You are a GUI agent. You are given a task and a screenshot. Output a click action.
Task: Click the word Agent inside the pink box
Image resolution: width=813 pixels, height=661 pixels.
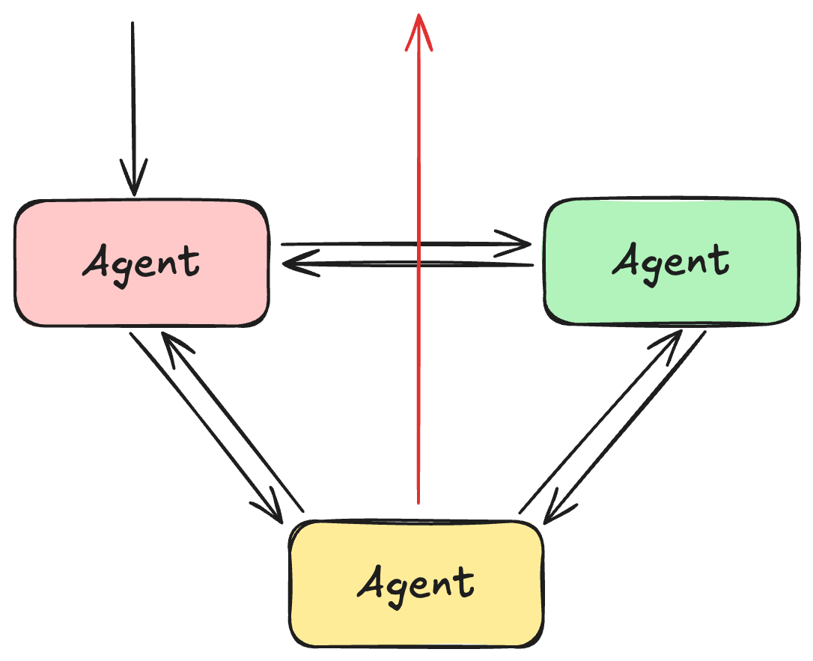click(141, 263)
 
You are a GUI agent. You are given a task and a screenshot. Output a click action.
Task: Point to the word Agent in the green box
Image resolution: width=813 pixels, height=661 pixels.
click(671, 261)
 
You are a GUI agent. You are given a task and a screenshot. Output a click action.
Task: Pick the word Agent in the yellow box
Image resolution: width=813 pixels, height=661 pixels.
click(415, 583)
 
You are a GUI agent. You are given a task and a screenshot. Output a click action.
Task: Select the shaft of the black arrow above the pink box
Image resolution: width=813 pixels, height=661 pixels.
click(133, 97)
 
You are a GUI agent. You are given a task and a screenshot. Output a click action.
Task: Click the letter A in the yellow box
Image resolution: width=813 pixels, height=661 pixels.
click(371, 583)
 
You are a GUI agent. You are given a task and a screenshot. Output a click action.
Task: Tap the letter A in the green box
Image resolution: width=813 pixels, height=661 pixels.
click(627, 261)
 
